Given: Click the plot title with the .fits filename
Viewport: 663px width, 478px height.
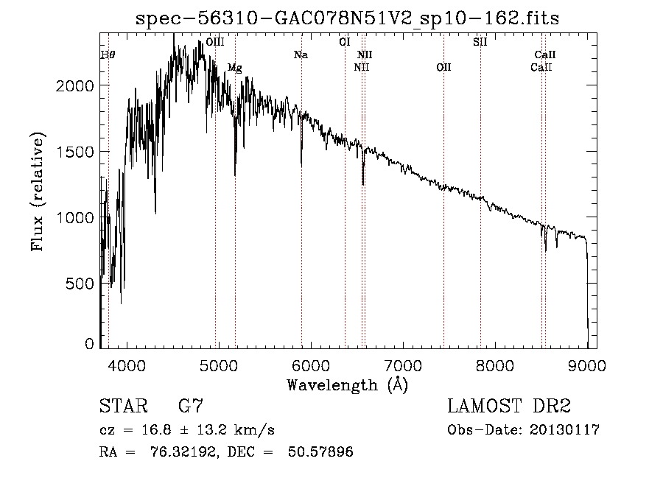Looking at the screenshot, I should (348, 19).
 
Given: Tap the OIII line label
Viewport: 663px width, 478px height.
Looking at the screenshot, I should (215, 43).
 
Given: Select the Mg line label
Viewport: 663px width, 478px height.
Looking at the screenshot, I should (234, 68).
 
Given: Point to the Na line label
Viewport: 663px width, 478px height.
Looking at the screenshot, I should (301, 55).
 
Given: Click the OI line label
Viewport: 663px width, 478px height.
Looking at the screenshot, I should (344, 43).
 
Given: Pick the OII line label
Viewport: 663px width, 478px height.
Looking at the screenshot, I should (443, 68).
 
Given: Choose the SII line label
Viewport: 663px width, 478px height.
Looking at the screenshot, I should (480, 43).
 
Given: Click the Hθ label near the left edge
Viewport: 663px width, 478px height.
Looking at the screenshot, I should (108, 55).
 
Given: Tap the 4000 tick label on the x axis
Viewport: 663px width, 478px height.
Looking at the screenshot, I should (127, 365).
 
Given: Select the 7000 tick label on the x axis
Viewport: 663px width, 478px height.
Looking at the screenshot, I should (403, 365).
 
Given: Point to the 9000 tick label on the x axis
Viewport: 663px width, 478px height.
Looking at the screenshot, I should (587, 365).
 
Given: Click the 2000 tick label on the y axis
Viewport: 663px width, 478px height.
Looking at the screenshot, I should (74, 85).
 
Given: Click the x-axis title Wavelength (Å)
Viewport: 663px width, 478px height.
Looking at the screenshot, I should (347, 384).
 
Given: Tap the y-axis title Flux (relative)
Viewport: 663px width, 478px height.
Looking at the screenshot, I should (38, 191).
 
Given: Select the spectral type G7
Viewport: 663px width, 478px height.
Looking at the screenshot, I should (191, 407).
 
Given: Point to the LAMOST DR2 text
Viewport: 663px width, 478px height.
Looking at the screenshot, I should (509, 407).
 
